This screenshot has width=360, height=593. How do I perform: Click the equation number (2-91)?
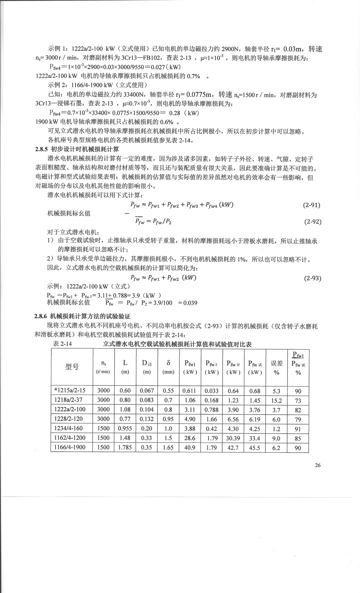pyautogui.click(x=312, y=205)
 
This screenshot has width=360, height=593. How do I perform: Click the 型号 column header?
pyautogui.click(x=72, y=367)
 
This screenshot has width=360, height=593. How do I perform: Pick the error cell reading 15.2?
pyautogui.click(x=276, y=400)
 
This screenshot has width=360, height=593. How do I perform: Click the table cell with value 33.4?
pyautogui.click(x=255, y=438)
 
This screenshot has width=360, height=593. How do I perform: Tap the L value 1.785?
pyautogui.click(x=125, y=448)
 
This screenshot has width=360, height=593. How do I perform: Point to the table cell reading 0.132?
pyautogui.click(x=147, y=419)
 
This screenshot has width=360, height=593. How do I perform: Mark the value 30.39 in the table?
pyautogui.click(x=233, y=438)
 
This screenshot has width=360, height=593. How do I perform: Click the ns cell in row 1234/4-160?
pyautogui.click(x=103, y=429)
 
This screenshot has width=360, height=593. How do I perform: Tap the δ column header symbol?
pyautogui.click(x=168, y=363)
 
